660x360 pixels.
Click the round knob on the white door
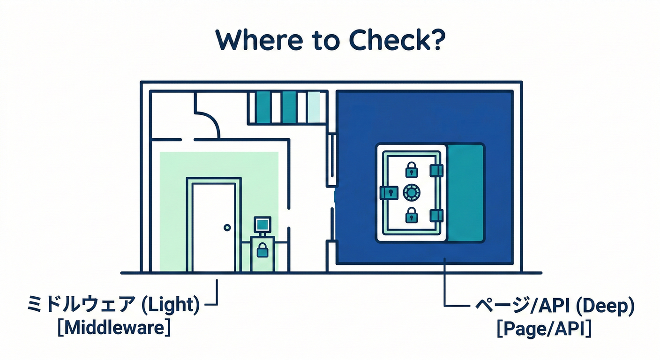coord(227,227)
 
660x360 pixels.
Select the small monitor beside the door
coord(262,225)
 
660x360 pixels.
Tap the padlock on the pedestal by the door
coord(262,251)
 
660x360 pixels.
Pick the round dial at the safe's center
coord(412,192)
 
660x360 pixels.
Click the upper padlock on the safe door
coord(412,169)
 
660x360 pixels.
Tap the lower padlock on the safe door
coord(412,215)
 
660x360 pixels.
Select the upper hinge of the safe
coord(436,170)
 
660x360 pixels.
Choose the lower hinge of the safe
coord(436,215)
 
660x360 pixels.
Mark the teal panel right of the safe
coord(465,193)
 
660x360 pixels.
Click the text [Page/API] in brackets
coord(544,330)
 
